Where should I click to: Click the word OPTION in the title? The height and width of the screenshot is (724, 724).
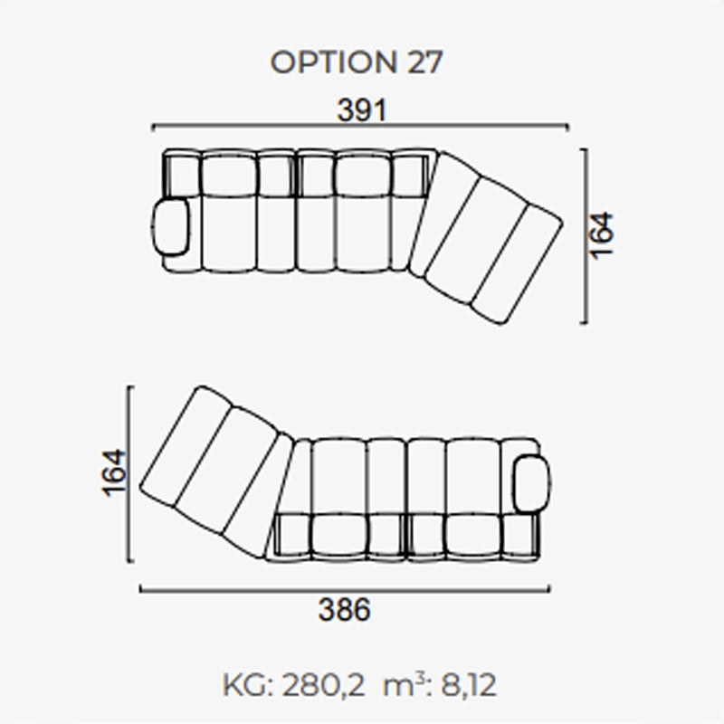pos(333,62)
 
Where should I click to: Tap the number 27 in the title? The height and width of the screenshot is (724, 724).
pos(424,62)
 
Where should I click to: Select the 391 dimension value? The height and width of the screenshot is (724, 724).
pos(361,110)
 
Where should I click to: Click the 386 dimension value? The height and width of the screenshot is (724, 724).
pos(344,609)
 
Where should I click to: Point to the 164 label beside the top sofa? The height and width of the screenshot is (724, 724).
pos(602,235)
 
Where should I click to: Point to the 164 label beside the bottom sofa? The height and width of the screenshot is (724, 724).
pos(114,472)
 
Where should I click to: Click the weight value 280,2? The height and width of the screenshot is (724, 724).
pos(323,685)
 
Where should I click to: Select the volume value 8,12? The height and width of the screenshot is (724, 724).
pos(469,685)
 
